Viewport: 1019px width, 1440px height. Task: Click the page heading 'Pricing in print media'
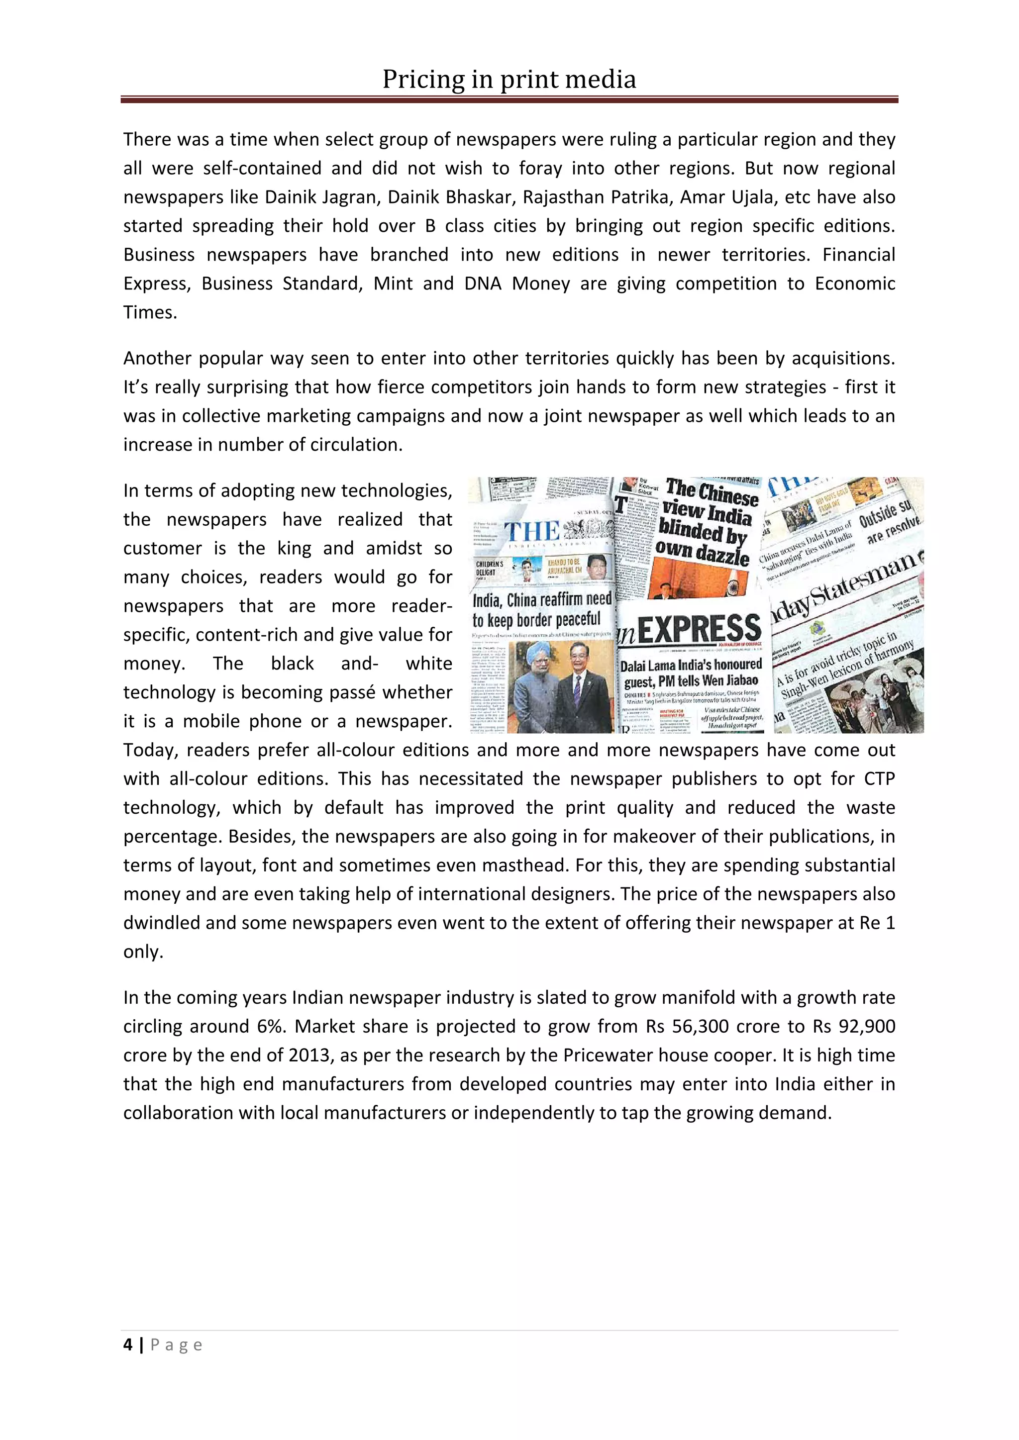[509, 80]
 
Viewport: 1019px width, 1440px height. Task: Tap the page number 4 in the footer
[128, 1344]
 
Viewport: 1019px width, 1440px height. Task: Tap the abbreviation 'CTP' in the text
[879, 779]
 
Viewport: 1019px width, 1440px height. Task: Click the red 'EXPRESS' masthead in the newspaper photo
[699, 629]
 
